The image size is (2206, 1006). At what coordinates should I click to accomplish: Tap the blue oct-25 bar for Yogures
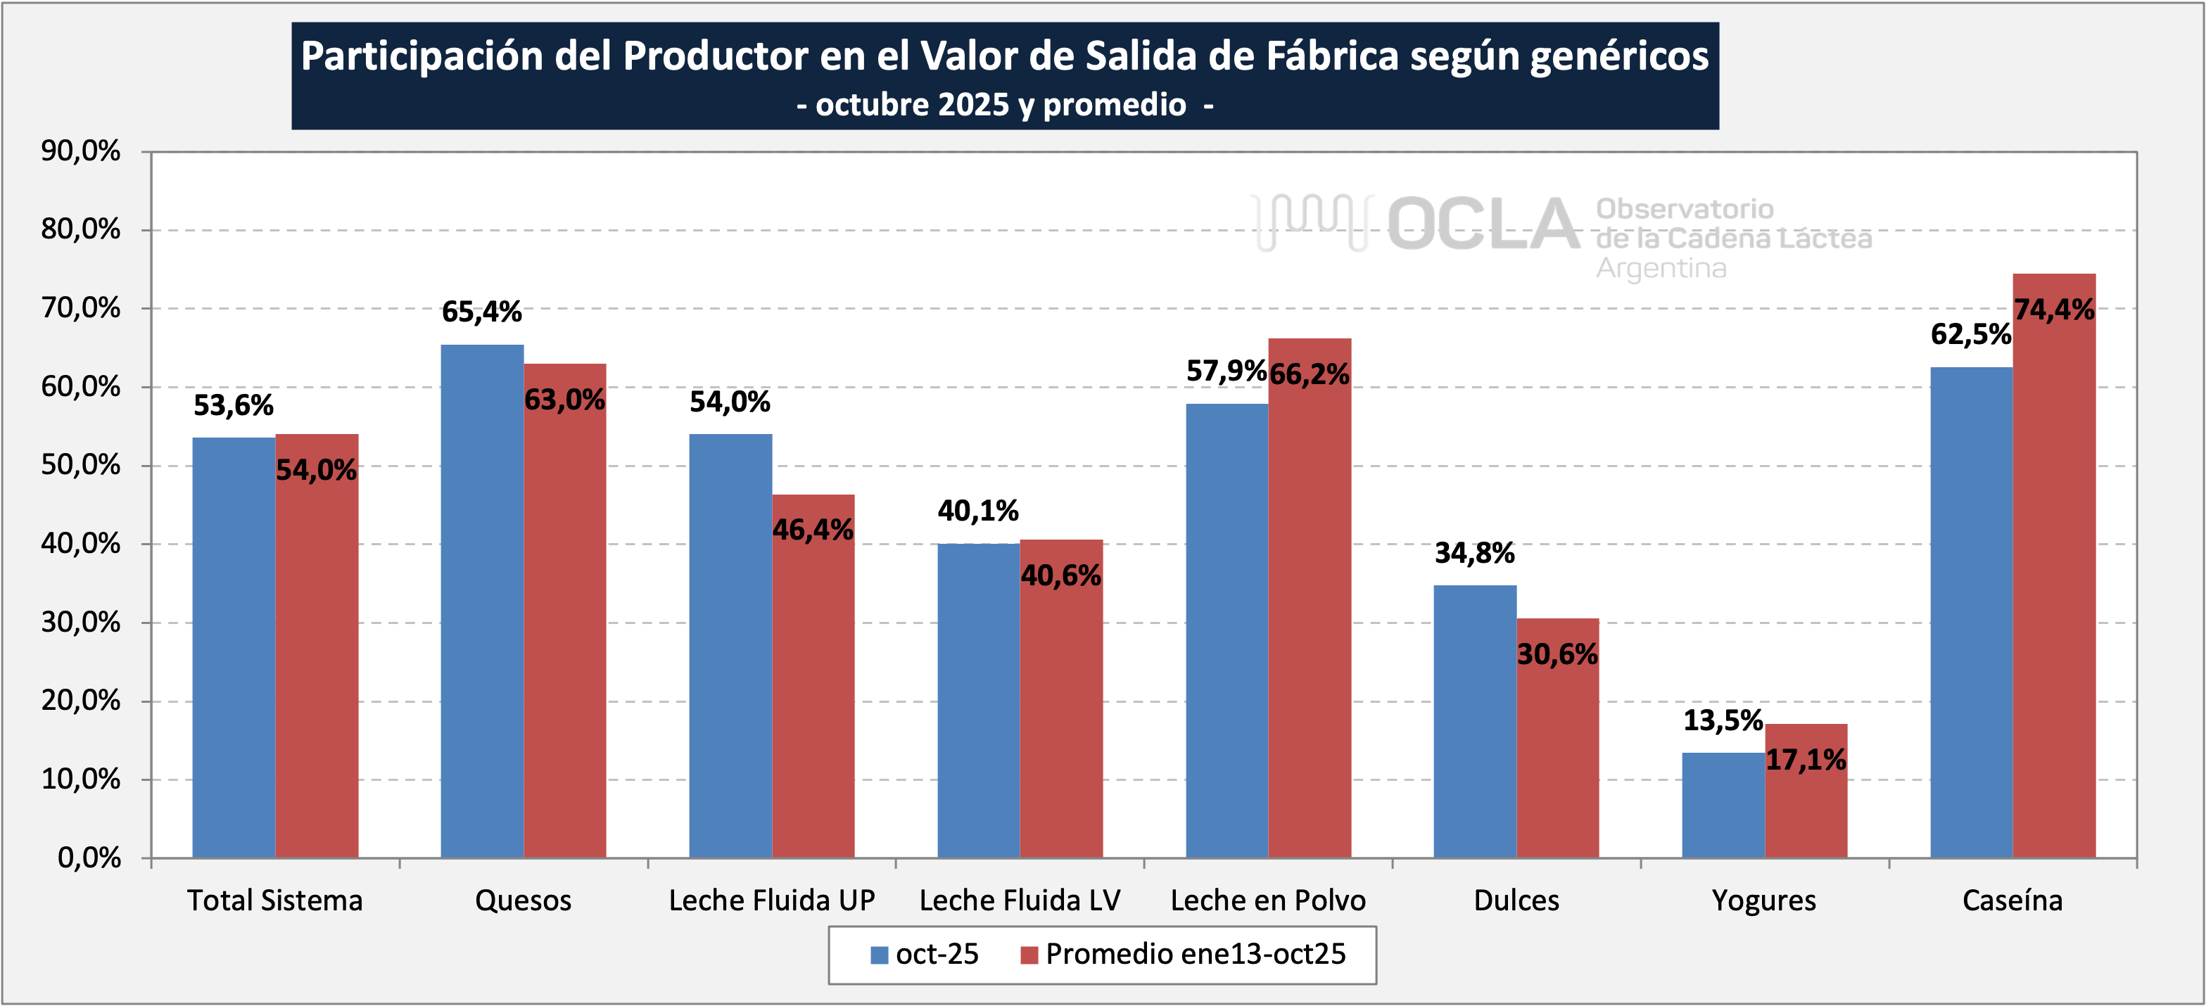tap(1723, 805)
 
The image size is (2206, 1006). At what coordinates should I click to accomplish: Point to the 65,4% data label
tap(481, 312)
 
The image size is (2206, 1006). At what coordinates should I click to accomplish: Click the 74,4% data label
tap(2053, 309)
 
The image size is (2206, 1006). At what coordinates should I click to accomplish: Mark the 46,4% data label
tap(813, 530)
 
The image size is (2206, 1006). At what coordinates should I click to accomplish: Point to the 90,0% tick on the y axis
tap(80, 151)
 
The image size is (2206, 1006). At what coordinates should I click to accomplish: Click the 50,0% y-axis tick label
tap(80, 465)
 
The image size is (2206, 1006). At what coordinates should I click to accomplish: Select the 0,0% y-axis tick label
tap(89, 857)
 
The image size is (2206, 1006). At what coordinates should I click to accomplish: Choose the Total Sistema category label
tap(275, 900)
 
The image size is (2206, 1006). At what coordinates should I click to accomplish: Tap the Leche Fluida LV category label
tap(1019, 900)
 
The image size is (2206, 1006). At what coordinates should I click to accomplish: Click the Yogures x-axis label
tap(1764, 900)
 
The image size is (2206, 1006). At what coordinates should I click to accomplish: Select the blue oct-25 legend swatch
tap(879, 955)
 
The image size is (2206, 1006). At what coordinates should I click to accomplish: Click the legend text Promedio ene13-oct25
tap(1196, 954)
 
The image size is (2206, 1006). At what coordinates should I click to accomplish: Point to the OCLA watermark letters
tap(1483, 224)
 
